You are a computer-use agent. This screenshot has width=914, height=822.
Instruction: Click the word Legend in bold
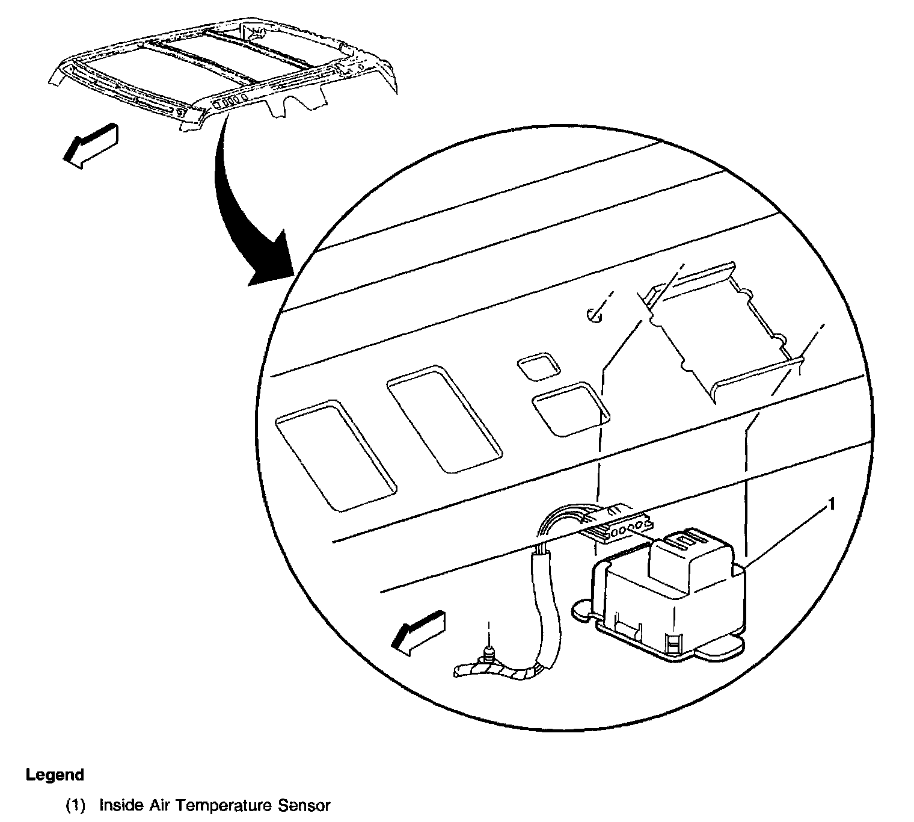click(x=55, y=774)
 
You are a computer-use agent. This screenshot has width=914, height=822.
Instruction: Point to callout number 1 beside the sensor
click(x=832, y=504)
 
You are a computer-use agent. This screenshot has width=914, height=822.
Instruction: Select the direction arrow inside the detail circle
click(x=419, y=631)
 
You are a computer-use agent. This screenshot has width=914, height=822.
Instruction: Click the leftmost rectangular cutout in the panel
click(x=335, y=456)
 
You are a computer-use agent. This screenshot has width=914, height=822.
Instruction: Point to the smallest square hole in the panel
click(x=539, y=366)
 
